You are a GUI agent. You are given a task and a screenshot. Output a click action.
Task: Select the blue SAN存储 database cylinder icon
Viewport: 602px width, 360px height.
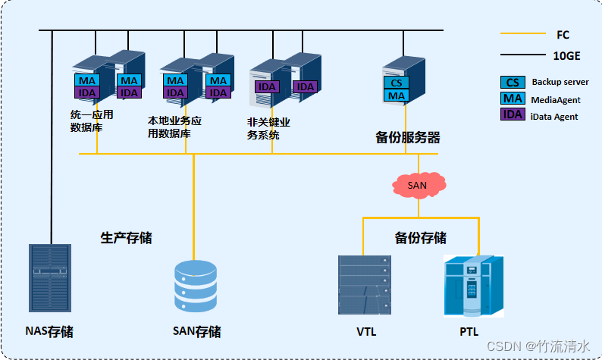pos(195,288)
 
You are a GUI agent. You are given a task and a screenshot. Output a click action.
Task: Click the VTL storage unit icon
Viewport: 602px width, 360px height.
pos(365,285)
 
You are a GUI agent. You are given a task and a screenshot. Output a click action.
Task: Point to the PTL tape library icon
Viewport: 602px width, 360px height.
pos(472,286)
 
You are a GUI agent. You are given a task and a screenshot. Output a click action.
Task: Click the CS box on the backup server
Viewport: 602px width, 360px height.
pos(397,83)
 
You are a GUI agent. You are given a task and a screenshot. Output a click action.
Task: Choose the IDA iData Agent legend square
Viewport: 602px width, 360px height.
pos(512,115)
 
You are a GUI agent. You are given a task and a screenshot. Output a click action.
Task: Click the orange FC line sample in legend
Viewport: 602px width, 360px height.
pos(522,34)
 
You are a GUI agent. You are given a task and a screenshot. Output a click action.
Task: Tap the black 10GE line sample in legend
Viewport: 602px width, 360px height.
pos(522,55)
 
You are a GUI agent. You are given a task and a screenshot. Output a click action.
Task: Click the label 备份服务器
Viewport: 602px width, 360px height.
pos(408,138)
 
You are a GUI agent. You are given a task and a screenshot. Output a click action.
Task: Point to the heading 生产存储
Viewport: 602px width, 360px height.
pos(127,238)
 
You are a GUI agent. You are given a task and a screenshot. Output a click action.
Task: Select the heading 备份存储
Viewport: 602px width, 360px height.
pos(421,238)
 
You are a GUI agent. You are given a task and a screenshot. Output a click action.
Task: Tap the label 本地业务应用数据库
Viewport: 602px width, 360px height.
pos(174,127)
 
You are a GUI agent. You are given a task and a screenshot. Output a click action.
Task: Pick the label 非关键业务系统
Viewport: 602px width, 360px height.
pos(269,129)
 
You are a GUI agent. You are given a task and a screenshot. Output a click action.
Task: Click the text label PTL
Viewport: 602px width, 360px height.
pos(470,332)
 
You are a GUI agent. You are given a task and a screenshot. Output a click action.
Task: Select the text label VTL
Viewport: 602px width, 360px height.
pos(366,332)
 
